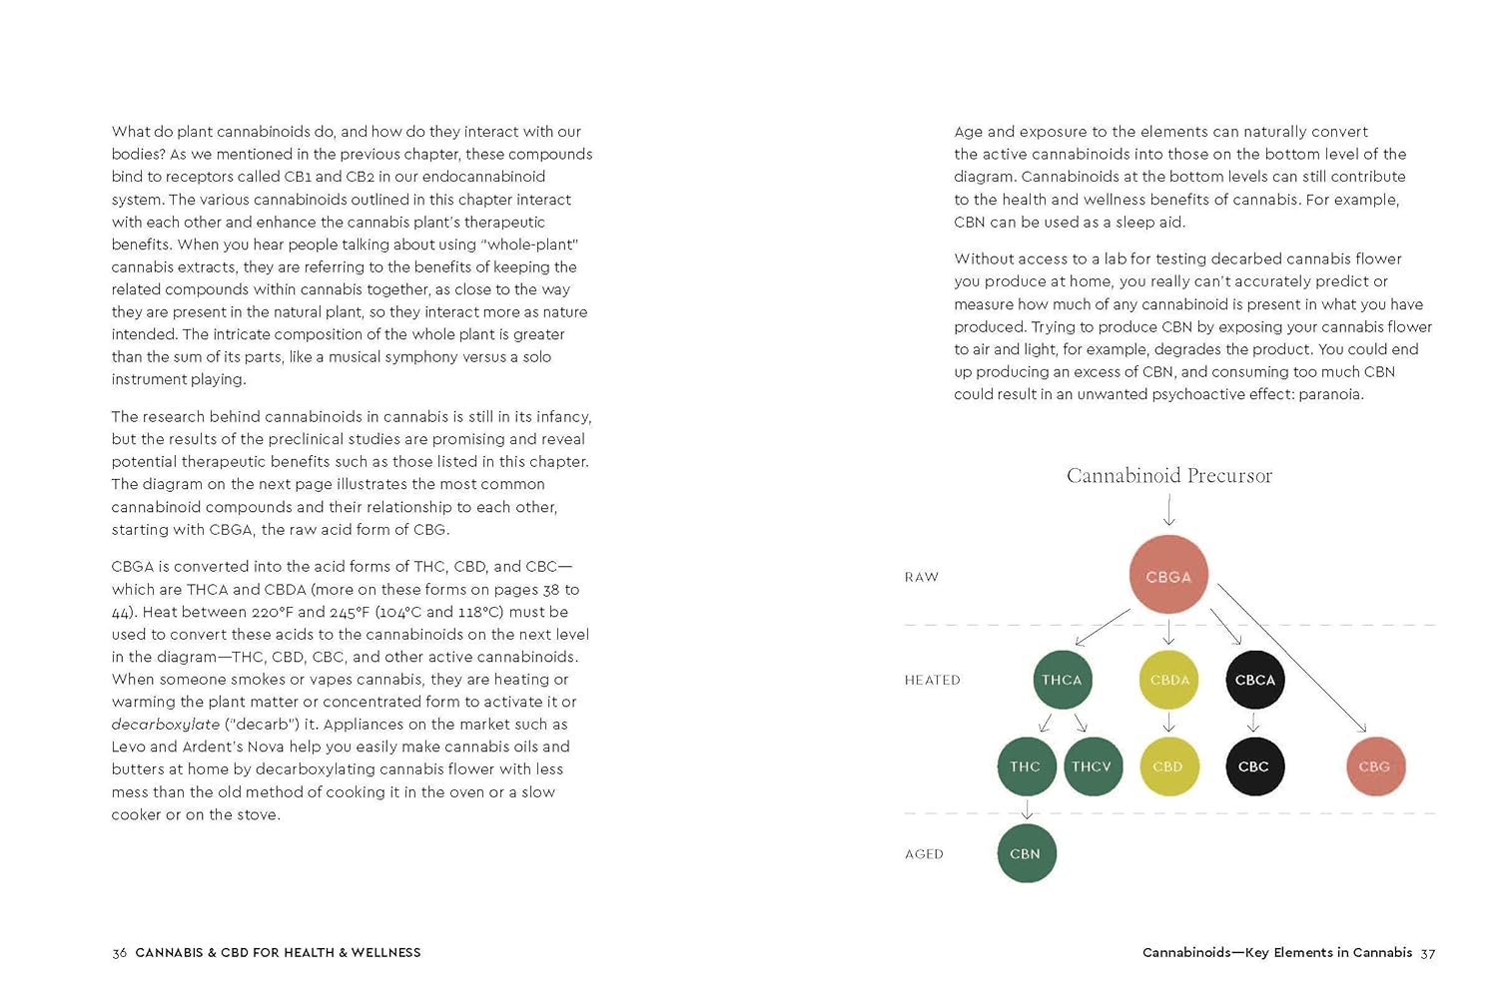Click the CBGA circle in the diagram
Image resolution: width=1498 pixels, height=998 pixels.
(1168, 575)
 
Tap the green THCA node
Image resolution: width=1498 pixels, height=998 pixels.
(1062, 680)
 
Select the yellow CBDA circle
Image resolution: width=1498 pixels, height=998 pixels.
(1169, 680)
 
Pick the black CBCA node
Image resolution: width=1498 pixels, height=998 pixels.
(1255, 680)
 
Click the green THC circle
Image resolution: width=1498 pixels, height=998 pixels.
(1026, 766)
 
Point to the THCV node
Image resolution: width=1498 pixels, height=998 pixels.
(1093, 766)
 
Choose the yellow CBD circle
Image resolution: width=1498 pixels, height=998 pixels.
(1168, 766)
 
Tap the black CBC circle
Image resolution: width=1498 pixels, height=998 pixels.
(1254, 766)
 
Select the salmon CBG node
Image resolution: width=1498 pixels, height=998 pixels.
(1375, 766)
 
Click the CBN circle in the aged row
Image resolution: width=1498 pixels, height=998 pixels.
(1026, 853)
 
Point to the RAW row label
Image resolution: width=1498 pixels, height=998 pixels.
(922, 577)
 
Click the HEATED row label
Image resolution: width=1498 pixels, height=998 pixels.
(933, 680)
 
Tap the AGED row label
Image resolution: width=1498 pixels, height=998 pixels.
(924, 854)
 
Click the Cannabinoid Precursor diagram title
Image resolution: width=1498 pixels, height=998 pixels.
(1169, 475)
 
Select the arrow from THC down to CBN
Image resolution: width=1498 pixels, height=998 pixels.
(1026, 809)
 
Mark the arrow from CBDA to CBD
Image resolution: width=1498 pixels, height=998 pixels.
(1168, 723)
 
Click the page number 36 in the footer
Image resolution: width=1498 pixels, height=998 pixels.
(120, 953)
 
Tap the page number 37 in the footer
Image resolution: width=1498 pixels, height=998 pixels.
(1428, 953)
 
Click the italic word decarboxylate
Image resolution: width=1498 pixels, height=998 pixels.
(165, 725)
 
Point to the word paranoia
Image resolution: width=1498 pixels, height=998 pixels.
(1330, 394)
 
